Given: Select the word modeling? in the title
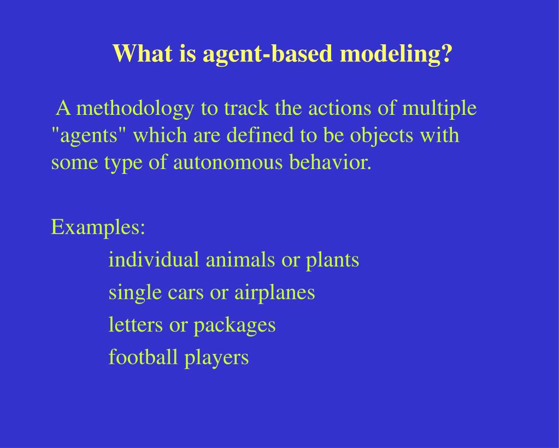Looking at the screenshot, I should click(396, 54).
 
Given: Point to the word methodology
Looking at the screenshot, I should click(135, 109).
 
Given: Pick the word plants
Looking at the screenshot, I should click(332, 260).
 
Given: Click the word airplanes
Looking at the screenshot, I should click(274, 292).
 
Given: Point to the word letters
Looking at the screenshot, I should click(136, 324).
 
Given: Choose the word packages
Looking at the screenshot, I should click(234, 325).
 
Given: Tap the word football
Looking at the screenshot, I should click(144, 357).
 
